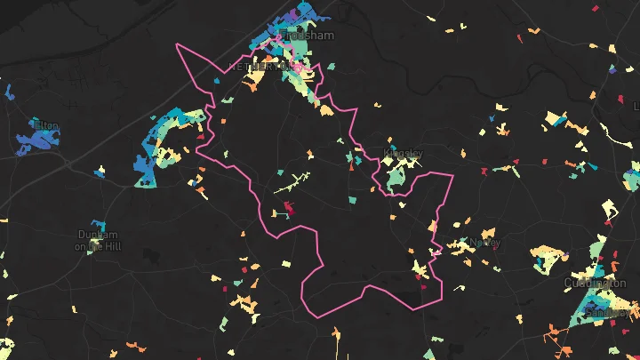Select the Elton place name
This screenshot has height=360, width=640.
(45, 125)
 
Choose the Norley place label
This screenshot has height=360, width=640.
(485, 242)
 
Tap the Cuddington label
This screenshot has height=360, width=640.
(595, 283)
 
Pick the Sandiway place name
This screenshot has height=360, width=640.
(608, 313)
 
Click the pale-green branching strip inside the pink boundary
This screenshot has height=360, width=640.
(292, 185)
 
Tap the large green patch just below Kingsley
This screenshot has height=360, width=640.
(393, 180)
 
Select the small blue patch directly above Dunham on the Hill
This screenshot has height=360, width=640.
(96, 224)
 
